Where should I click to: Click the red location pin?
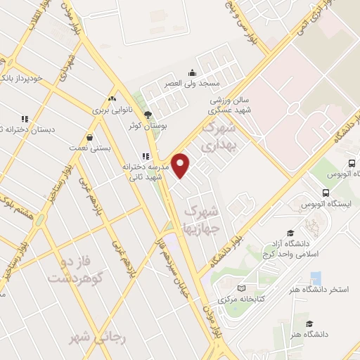[x=181, y=165]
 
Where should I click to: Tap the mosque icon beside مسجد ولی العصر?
[x=193, y=72]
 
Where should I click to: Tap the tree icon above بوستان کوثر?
[x=147, y=115]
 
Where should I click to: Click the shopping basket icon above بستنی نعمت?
[x=89, y=137]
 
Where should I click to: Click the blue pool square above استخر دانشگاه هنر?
[x=316, y=277]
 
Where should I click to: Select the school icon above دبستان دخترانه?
[x=25, y=119]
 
